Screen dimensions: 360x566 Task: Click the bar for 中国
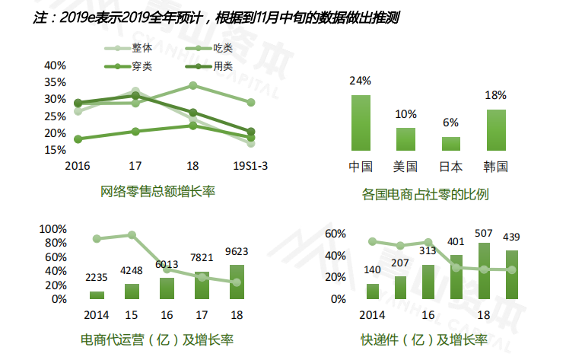pyautogui.click(x=360, y=123)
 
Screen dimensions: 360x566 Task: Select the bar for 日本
pyautogui.click(x=451, y=144)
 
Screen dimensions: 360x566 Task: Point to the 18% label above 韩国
pyautogui.click(x=495, y=96)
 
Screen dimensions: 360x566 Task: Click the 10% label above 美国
pyautogui.click(x=405, y=114)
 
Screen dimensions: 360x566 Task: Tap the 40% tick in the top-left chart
pyautogui.click(x=55, y=65)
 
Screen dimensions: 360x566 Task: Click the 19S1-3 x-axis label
pyautogui.click(x=250, y=166)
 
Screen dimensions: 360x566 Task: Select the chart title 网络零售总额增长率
pyautogui.click(x=158, y=190)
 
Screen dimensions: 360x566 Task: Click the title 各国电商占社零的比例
pyautogui.click(x=425, y=195)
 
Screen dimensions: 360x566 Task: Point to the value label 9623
pyautogui.click(x=237, y=252)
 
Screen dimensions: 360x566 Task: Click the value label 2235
pyautogui.click(x=97, y=278)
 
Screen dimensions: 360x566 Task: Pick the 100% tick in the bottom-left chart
pyautogui.click(x=53, y=229)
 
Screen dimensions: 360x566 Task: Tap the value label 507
pyautogui.click(x=483, y=233)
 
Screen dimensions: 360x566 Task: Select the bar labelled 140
pyautogui.click(x=373, y=292)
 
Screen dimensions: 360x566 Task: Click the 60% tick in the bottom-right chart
pyautogui.click(x=335, y=234)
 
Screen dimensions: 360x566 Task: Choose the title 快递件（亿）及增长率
pyautogui.click(x=424, y=339)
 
